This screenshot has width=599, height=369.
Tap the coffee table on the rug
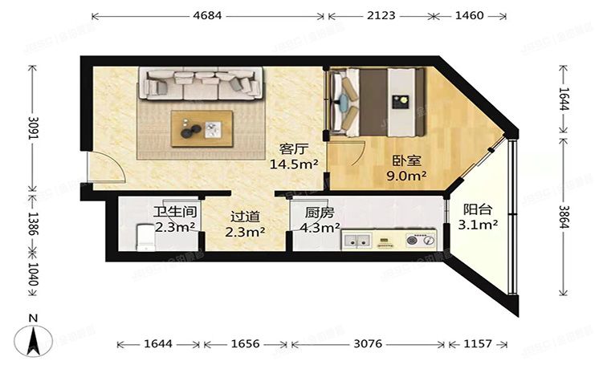202,128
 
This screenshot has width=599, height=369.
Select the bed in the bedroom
376,100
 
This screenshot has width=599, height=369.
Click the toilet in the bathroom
145,238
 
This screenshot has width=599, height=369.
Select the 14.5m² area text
294,164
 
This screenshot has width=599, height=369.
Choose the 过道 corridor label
245,217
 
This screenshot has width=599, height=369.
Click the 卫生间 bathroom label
173,213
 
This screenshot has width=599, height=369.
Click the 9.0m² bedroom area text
409,174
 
